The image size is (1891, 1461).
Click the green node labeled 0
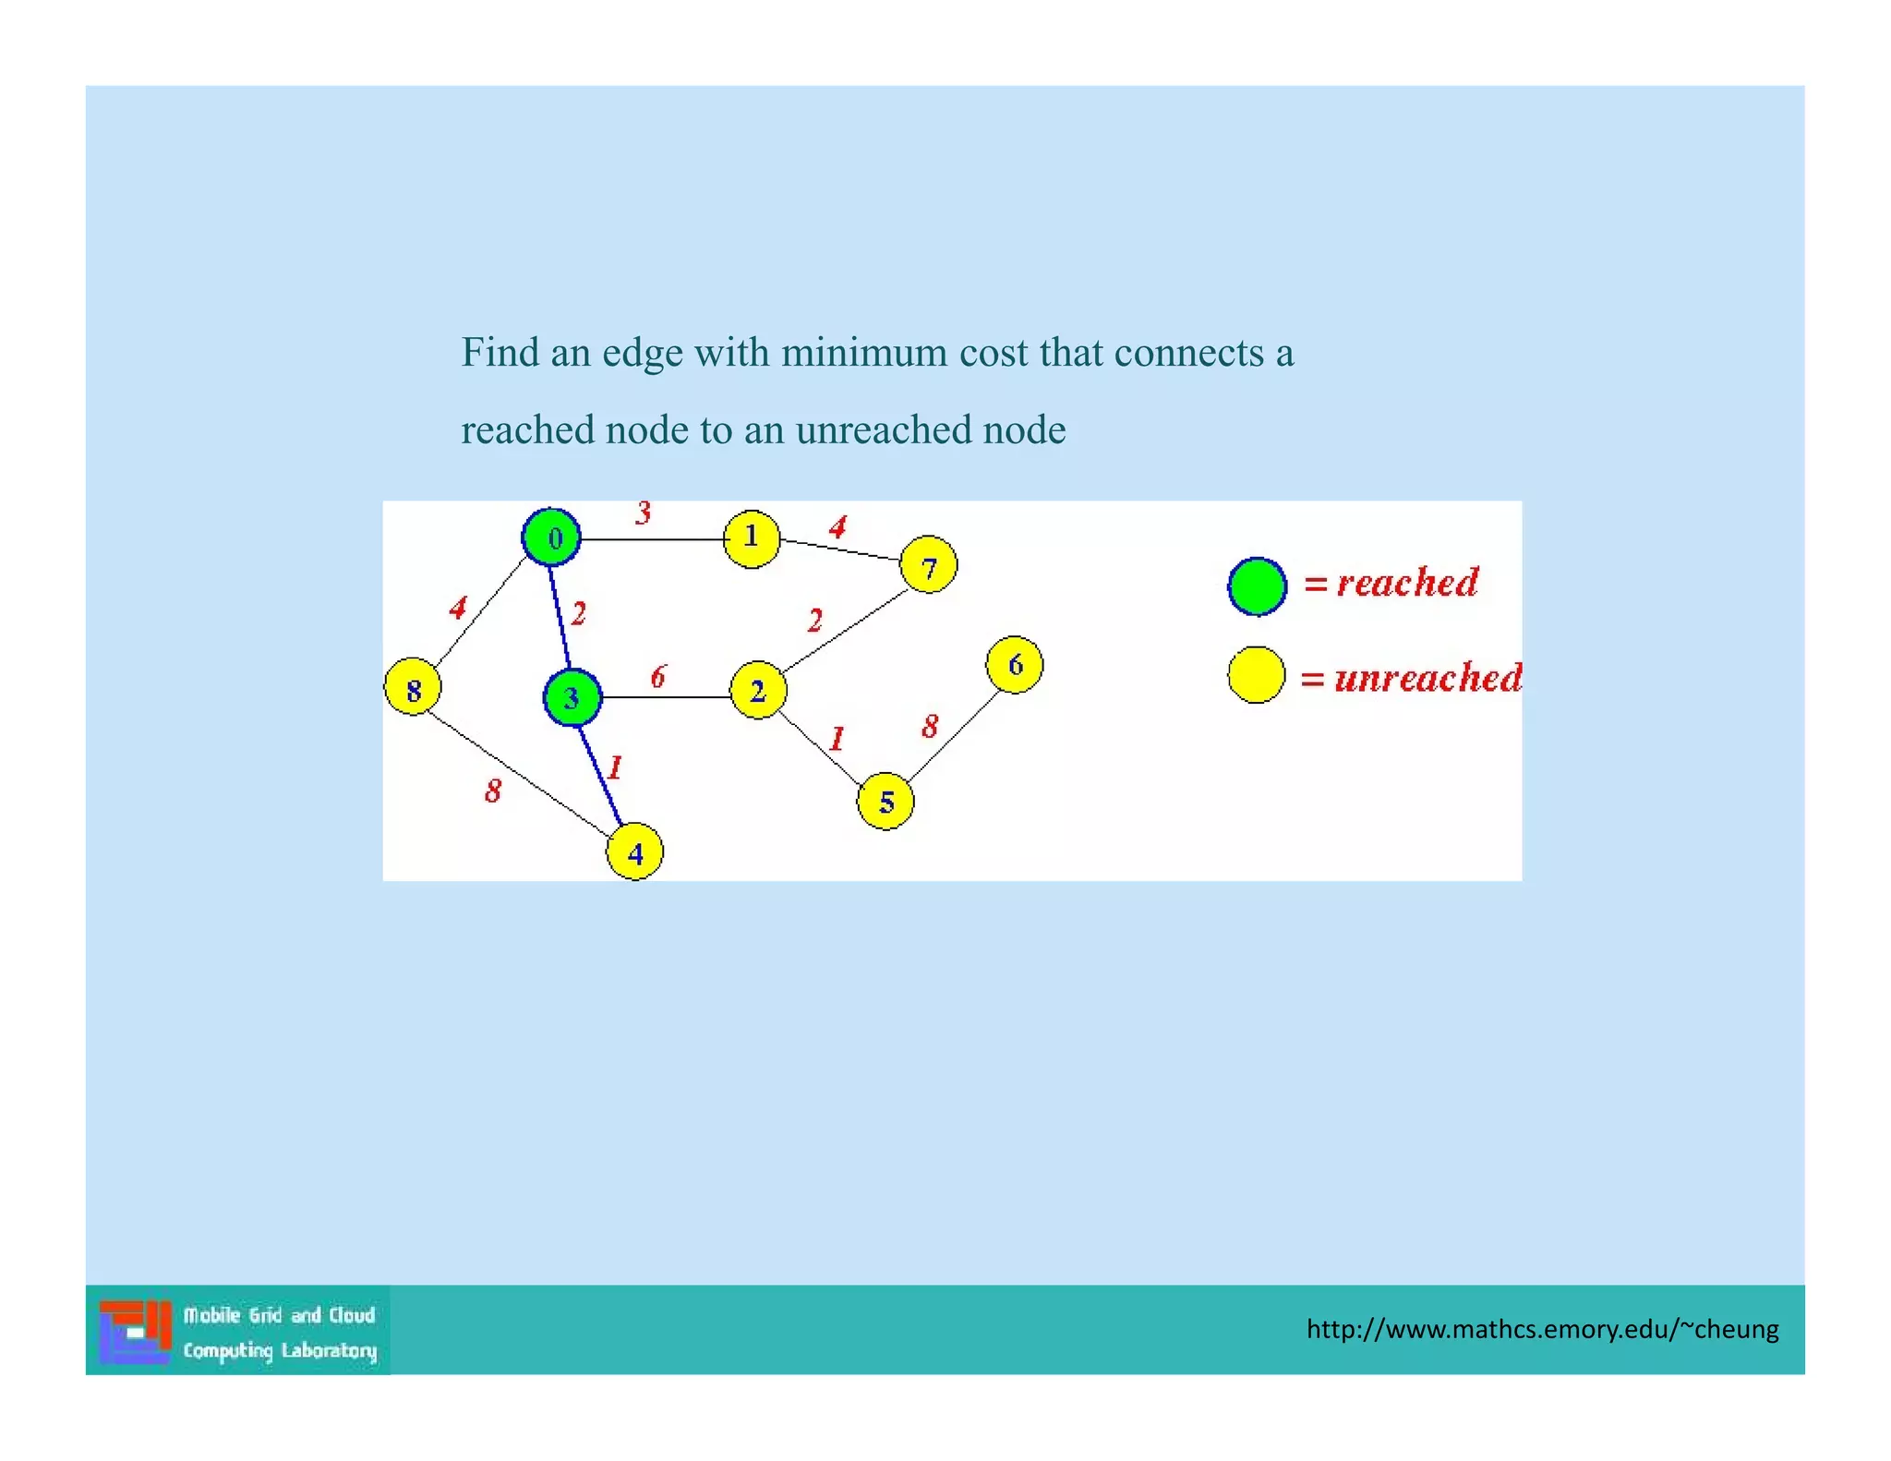coord(551,537)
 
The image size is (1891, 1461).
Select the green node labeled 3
coord(572,697)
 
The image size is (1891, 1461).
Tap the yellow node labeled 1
coord(752,538)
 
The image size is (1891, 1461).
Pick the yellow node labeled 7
coord(928,565)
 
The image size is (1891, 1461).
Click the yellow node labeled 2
coord(758,690)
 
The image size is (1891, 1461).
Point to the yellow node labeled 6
coord(1015,664)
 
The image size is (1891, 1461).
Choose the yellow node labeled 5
coord(885,802)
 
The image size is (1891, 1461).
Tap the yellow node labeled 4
coord(635,852)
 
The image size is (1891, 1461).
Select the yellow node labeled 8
coord(413,687)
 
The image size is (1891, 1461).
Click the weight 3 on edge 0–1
coord(644,513)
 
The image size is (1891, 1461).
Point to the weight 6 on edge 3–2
coord(657,677)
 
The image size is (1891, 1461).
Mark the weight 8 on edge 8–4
coord(493,791)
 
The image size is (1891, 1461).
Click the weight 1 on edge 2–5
coord(837,739)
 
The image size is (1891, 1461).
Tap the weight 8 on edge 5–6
coord(930,726)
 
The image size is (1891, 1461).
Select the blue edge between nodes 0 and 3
coord(560,617)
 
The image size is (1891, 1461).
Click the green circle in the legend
coord(1257,586)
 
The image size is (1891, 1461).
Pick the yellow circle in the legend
coord(1256,675)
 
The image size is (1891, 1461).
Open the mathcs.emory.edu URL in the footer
coord(1542,1330)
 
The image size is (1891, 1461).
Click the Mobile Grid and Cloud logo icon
coord(136,1331)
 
